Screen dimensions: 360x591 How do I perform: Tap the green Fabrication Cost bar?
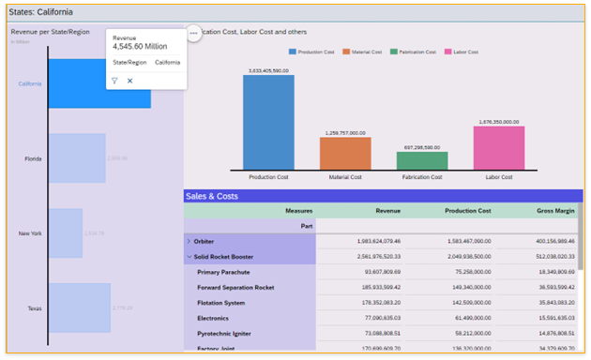pos(421,161)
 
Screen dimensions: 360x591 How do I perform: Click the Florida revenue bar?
pos(77,157)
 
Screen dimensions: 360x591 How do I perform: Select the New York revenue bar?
pos(66,232)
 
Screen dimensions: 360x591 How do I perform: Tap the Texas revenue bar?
pos(80,307)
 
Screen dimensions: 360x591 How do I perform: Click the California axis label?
pos(30,83)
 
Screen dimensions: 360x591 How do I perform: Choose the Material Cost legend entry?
pos(364,52)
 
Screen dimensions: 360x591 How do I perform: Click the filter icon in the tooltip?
pos(114,82)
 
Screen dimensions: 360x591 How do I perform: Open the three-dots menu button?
pos(193,33)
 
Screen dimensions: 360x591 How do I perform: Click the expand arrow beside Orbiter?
pos(189,241)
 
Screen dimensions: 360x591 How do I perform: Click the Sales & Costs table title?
pos(212,196)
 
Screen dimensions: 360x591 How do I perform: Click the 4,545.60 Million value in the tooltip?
pos(141,45)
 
